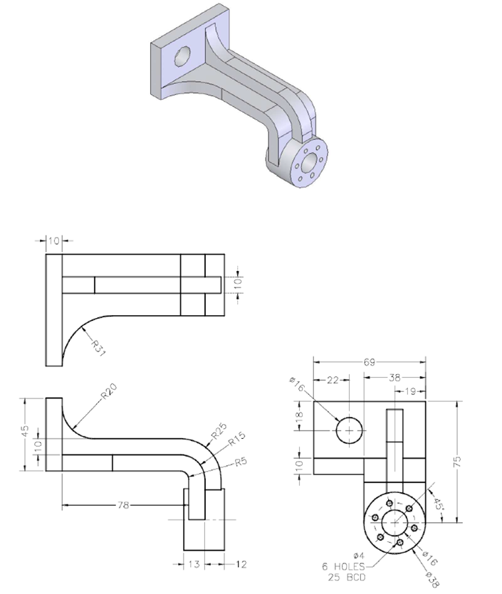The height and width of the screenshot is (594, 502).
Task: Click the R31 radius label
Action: [97, 345]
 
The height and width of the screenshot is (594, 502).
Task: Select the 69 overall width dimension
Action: [370, 363]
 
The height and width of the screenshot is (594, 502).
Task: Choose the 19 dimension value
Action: [411, 391]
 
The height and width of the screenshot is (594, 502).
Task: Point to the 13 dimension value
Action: [194, 564]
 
